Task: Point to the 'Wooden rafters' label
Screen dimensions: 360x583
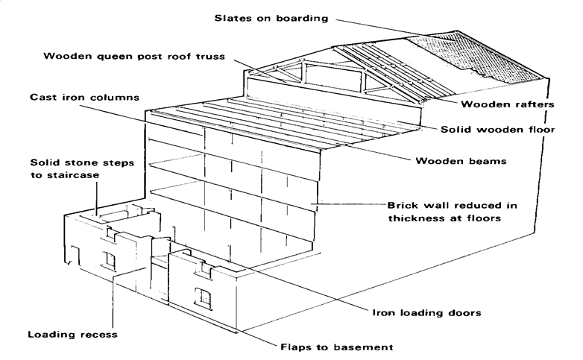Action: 507,104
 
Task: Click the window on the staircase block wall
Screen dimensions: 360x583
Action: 110,259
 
